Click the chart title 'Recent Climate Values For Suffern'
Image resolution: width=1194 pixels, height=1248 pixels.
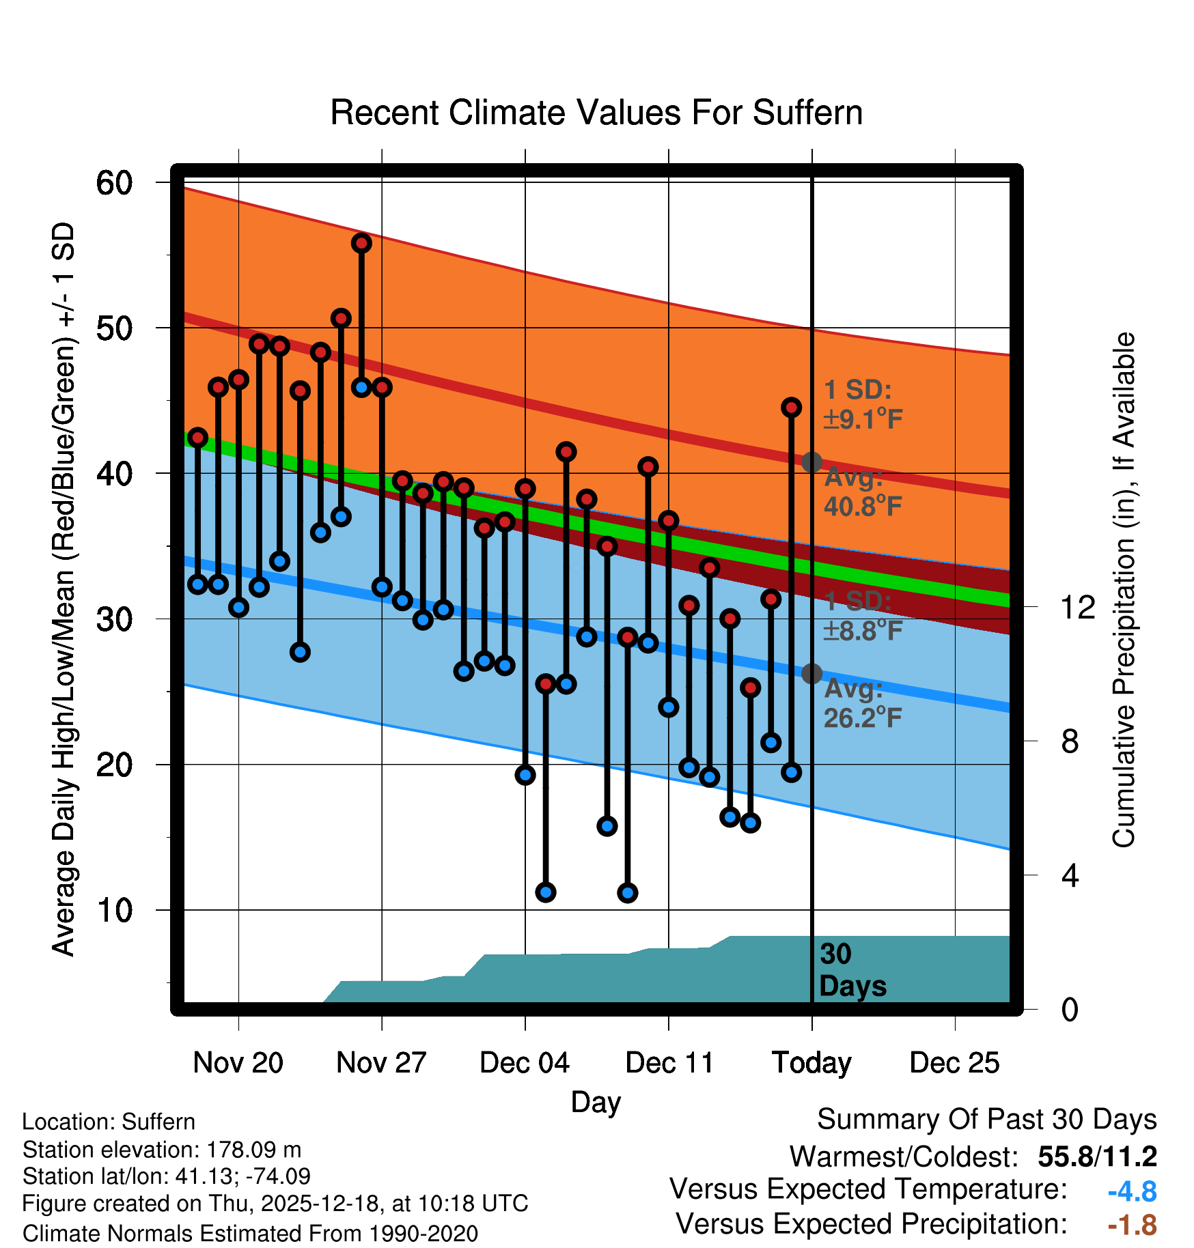(596, 113)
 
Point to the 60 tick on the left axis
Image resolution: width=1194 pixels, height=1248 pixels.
(114, 183)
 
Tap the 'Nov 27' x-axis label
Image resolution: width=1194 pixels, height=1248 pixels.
(381, 1063)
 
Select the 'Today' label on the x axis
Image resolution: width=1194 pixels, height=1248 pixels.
(811, 1063)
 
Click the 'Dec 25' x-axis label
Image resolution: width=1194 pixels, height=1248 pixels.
(954, 1063)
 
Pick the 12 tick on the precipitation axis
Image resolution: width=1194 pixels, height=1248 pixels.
(1077, 607)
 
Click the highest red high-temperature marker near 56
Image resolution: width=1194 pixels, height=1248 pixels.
(361, 243)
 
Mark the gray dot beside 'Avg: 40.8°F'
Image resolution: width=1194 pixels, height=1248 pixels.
(811, 462)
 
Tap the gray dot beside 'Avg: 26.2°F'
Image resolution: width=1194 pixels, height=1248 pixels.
(811, 674)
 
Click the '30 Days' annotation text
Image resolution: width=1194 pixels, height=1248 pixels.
(852, 970)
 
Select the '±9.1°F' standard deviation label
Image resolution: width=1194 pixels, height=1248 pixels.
(863, 419)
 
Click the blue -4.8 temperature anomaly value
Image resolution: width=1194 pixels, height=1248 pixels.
(1132, 1192)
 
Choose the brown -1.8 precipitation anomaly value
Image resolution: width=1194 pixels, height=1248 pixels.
(1132, 1225)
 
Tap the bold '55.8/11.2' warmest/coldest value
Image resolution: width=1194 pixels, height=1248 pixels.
(1097, 1157)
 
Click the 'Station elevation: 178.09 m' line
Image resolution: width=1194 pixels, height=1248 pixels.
(162, 1150)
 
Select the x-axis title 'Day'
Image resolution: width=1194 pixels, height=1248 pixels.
(596, 1102)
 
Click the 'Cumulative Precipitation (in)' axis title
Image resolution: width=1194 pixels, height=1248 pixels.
(1124, 591)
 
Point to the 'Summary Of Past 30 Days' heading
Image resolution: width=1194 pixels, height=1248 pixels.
(986, 1120)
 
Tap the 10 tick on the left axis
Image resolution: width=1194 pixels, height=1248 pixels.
(114, 910)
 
